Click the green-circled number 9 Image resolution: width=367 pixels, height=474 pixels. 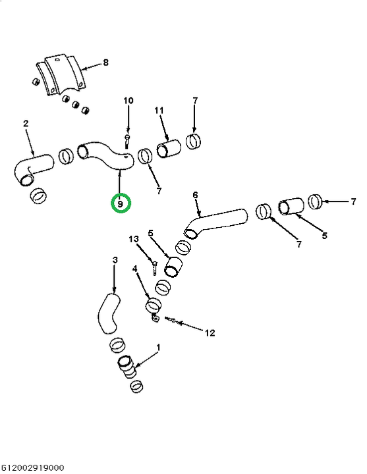(x=121, y=204)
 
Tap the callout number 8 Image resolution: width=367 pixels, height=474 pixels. (x=105, y=63)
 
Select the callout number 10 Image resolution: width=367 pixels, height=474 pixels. (x=128, y=100)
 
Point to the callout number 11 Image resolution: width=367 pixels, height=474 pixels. (x=159, y=111)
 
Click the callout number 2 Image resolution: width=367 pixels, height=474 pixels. (x=26, y=123)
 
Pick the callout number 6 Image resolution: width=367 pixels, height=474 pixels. (x=195, y=195)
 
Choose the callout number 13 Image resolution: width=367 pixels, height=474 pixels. (x=134, y=239)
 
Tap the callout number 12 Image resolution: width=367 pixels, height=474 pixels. (x=210, y=333)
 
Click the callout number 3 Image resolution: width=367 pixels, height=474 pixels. (x=115, y=259)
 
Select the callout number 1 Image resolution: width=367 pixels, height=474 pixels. (x=157, y=348)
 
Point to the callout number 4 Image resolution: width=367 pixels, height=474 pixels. (x=134, y=268)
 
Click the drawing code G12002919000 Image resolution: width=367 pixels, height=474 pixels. (x=33, y=467)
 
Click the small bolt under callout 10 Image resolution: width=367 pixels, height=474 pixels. (x=127, y=142)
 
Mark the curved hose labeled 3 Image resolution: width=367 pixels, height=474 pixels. (x=108, y=315)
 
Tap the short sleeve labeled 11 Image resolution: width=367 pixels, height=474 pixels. (x=169, y=148)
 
